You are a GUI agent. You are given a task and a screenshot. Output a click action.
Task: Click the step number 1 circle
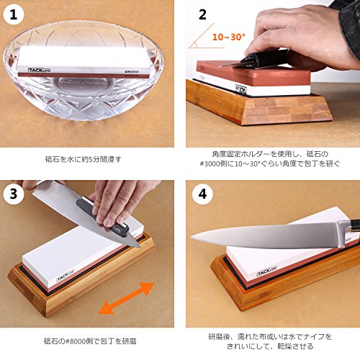coord(14,14)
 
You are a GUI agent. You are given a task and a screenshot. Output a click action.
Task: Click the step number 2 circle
coord(202,14)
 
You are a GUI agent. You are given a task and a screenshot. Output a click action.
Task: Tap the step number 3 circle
coord(14,194)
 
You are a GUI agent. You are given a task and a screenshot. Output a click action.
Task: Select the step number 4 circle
coord(202,194)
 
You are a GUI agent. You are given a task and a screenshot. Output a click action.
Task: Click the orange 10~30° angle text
coord(229,37)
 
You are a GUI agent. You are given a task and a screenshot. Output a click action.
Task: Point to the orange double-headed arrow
coord(127,298)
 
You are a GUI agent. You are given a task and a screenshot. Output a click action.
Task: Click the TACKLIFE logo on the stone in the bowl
coord(39,70)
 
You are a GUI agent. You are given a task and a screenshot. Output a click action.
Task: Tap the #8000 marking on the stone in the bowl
coord(132,72)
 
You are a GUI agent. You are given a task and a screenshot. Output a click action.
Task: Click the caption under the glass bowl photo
coord(84,159)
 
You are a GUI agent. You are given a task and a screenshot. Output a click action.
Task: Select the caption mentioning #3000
coord(270,158)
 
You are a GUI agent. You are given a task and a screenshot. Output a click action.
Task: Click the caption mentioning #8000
coord(90,341)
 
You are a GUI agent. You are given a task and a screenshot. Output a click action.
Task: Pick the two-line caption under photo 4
coord(270,341)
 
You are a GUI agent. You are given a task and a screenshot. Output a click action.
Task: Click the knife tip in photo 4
coord(191,238)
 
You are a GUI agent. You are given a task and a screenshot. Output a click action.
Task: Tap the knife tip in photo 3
coord(139,246)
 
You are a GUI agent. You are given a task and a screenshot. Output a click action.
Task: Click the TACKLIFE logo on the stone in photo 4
coord(266,271)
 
